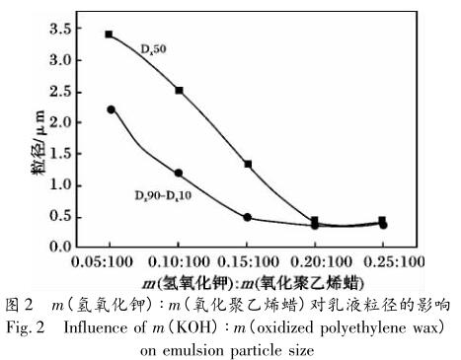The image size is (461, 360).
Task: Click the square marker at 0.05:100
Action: pyautogui.click(x=110, y=35)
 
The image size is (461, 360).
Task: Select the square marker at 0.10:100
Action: pyautogui.click(x=179, y=90)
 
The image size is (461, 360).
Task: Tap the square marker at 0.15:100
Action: pyautogui.click(x=248, y=164)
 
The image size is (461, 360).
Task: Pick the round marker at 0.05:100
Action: pyautogui.click(x=111, y=109)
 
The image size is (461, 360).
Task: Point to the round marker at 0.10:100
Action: pyautogui.click(x=179, y=173)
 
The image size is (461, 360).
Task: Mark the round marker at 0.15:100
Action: pyautogui.click(x=248, y=217)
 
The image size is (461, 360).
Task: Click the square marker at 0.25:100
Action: pyautogui.click(x=382, y=221)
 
